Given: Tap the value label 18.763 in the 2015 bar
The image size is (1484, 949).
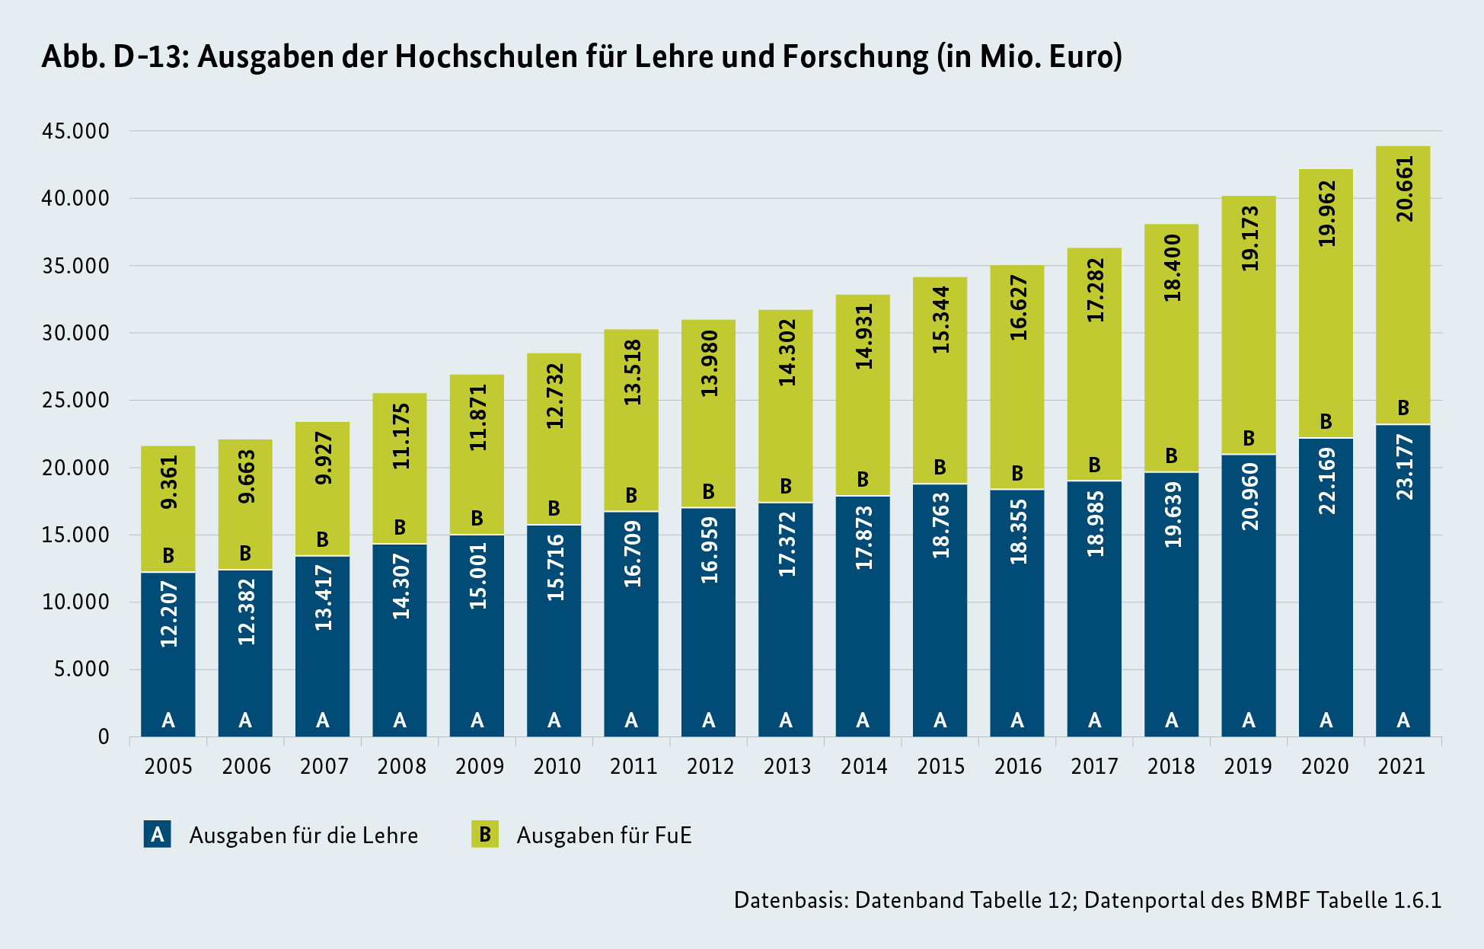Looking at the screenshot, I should pyautogui.click(x=941, y=526).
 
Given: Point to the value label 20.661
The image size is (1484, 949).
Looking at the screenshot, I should pyautogui.click(x=1404, y=189).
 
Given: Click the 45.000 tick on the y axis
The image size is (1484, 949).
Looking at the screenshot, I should pyautogui.click(x=75, y=131).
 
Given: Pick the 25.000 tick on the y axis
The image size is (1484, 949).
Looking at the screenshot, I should pyautogui.click(x=75, y=400).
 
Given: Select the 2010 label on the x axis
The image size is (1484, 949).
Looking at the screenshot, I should pyautogui.click(x=557, y=766).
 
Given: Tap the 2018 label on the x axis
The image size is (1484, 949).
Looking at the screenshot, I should pyautogui.click(x=1171, y=766).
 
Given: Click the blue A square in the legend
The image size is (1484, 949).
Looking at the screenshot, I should pyautogui.click(x=157, y=835).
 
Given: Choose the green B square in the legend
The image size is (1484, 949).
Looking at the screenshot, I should pyautogui.click(x=484, y=835).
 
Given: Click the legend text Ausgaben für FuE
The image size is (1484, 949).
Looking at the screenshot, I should pyautogui.click(x=604, y=836).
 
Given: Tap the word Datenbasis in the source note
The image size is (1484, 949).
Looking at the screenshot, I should pyautogui.click(x=790, y=900).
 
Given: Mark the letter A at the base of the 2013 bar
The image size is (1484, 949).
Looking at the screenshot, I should pyautogui.click(x=786, y=720).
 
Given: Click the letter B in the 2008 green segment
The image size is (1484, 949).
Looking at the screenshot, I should pyautogui.click(x=400, y=527).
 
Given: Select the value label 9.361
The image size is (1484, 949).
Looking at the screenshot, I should pyautogui.click(x=169, y=481).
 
